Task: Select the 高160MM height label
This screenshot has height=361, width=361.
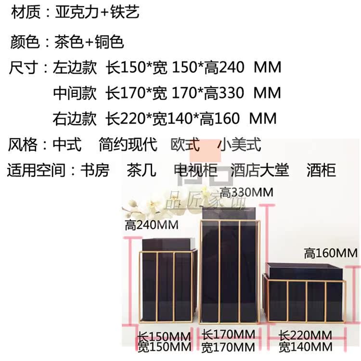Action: click(331, 252)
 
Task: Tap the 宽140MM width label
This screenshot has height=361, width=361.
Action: click(306, 346)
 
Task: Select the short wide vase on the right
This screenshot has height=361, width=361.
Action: click(305, 294)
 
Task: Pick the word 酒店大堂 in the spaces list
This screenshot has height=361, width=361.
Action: click(259, 170)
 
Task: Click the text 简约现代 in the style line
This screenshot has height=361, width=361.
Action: click(128, 144)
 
